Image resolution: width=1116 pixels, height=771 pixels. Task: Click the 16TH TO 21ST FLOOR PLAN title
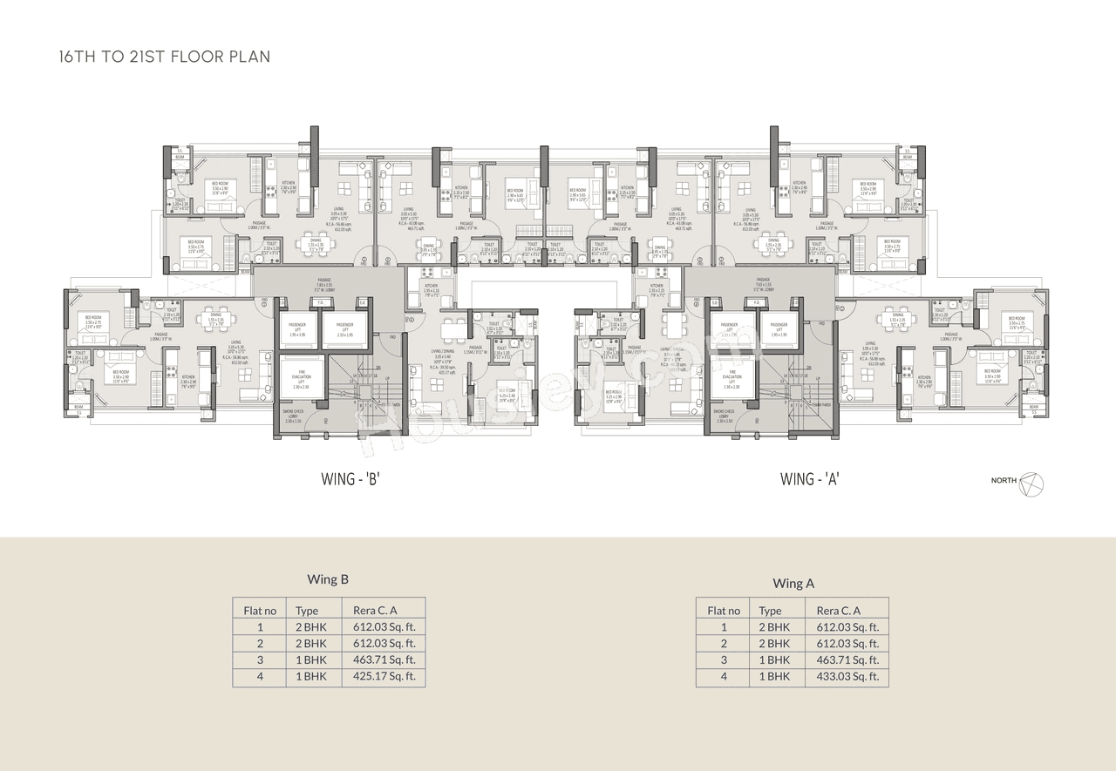pyautogui.click(x=164, y=57)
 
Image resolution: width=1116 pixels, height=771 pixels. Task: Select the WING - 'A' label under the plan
pyautogui.click(x=810, y=478)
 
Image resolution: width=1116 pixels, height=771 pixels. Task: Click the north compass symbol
pyautogui.click(x=1031, y=482)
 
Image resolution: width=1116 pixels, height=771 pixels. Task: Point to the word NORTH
pyautogui.click(x=1004, y=481)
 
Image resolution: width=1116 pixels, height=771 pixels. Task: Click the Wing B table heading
pyautogui.click(x=328, y=579)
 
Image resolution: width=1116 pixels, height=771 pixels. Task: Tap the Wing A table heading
pyautogui.click(x=793, y=583)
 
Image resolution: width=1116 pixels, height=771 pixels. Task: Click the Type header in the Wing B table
pyautogui.click(x=307, y=611)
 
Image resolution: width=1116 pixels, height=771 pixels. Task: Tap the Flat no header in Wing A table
pyautogui.click(x=724, y=611)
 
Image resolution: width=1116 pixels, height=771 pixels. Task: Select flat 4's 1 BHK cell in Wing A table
pyautogui.click(x=774, y=676)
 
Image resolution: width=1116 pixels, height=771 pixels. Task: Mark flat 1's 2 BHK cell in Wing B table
pyautogui.click(x=310, y=627)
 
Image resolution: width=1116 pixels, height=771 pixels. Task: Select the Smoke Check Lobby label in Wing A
pyautogui.click(x=723, y=416)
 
